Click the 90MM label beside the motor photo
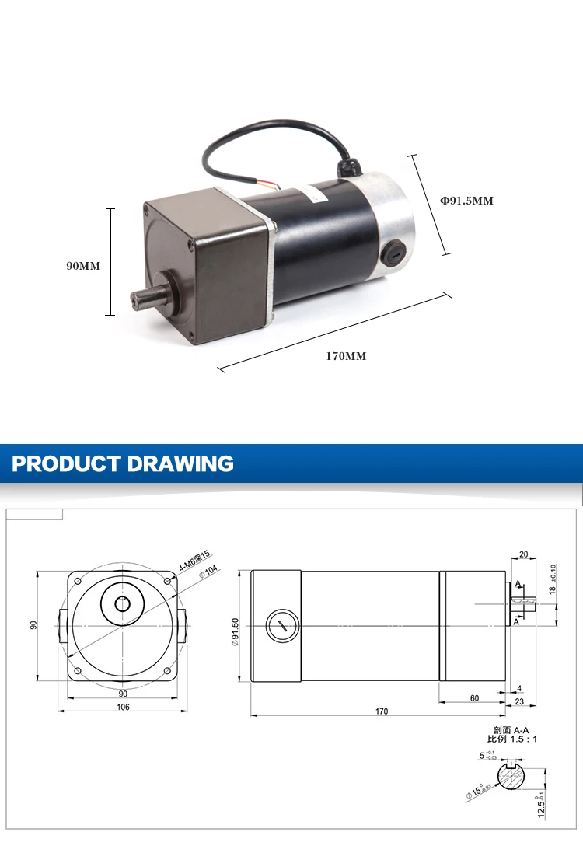pyautogui.click(x=83, y=266)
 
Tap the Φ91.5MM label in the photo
pyautogui.click(x=467, y=201)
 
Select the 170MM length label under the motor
pyautogui.click(x=346, y=356)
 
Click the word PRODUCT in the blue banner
pyautogui.click(x=65, y=464)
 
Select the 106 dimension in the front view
pyautogui.click(x=123, y=708)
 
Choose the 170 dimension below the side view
pyautogui.click(x=381, y=711)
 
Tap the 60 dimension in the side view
pyautogui.click(x=474, y=698)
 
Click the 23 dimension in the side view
pyautogui.click(x=518, y=703)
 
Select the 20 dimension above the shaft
pyautogui.click(x=522, y=555)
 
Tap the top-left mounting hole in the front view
pyautogui.click(x=79, y=582)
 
